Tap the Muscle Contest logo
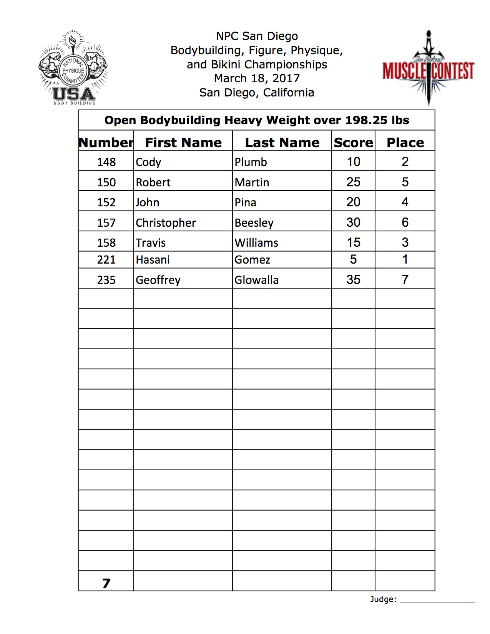(x=428, y=69)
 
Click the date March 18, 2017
(x=257, y=78)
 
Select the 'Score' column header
(x=353, y=143)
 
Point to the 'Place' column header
(x=405, y=143)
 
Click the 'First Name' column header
(x=183, y=143)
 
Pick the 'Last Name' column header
(x=282, y=143)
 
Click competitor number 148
(x=106, y=162)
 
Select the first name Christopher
(x=166, y=223)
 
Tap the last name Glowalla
(x=256, y=280)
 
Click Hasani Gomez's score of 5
(x=353, y=259)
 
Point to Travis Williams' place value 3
(x=405, y=242)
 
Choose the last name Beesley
(x=254, y=223)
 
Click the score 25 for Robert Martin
(x=353, y=182)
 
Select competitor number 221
(x=106, y=260)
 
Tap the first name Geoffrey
(x=158, y=280)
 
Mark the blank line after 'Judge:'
(x=437, y=602)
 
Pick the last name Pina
(x=245, y=202)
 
